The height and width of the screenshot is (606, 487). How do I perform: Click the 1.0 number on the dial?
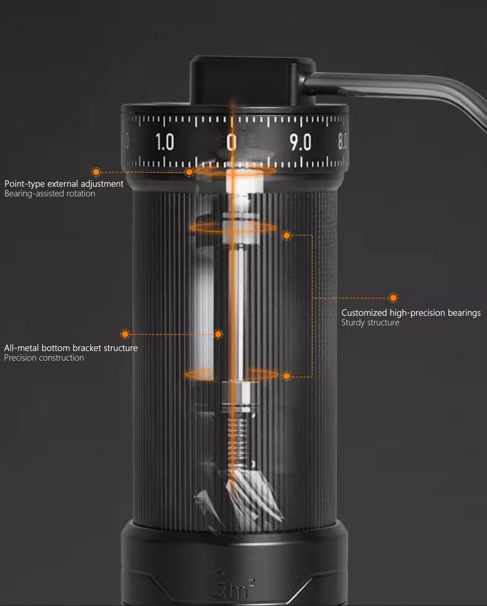tap(165, 142)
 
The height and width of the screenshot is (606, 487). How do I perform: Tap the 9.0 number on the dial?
tap(300, 143)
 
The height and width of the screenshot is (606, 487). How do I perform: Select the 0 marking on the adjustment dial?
tap(231, 143)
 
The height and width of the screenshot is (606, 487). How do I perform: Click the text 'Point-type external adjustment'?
tap(64, 184)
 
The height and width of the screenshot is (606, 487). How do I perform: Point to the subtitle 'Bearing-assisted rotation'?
tap(50, 194)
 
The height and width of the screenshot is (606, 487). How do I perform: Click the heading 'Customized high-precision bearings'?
tap(411, 313)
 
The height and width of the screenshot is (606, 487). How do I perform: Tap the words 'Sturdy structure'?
tap(370, 322)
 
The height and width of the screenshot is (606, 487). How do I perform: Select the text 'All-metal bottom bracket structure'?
tap(71, 348)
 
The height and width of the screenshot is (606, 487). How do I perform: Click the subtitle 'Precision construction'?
tap(44, 358)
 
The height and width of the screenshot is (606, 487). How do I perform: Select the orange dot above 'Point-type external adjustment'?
tap(96, 172)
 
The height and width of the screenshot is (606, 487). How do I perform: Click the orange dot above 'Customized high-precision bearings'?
tap(393, 298)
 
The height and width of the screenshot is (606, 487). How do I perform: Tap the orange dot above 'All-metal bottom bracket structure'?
tap(125, 334)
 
